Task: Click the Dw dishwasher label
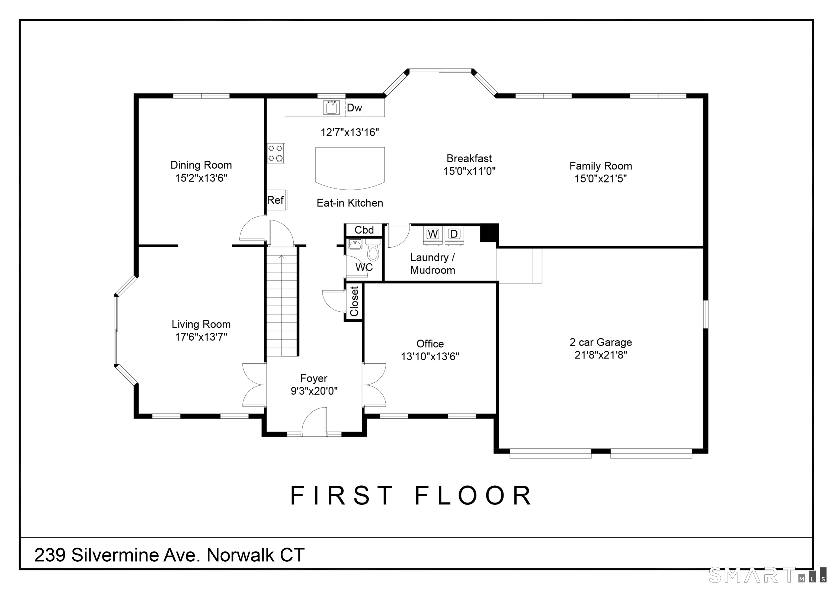(354, 108)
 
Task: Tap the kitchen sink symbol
(331, 107)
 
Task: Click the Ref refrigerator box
(277, 200)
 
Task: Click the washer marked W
(432, 234)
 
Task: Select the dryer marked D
(454, 234)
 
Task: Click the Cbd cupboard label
(364, 230)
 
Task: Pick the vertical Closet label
(354, 301)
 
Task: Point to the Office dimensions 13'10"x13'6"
(430, 356)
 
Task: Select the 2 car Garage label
(601, 342)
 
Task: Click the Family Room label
(601, 166)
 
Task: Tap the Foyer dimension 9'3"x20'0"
(314, 391)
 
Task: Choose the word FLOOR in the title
(473, 496)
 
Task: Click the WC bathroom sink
(355, 244)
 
